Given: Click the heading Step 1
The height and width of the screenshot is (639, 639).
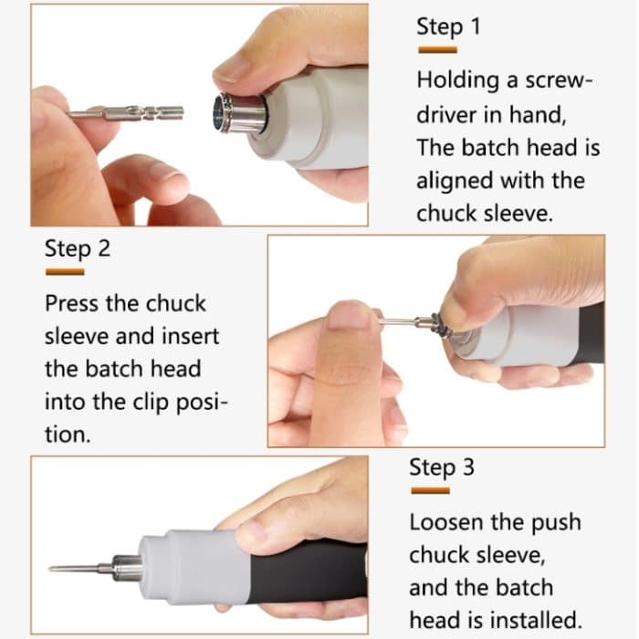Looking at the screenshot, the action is [x=448, y=26].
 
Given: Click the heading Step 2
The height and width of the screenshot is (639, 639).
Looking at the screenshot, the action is [x=78, y=248].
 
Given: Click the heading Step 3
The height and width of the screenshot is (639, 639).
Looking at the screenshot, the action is [x=442, y=466].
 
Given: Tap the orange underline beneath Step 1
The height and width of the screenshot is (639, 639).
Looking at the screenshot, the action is [x=437, y=50].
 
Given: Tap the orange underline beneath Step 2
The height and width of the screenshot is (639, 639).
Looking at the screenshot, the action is [x=65, y=272].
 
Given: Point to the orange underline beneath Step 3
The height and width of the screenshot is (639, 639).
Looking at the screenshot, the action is [x=430, y=490].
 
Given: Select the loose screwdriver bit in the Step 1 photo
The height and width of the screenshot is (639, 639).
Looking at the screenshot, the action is [x=126, y=113].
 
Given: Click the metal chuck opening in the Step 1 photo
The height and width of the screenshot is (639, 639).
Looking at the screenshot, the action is [x=220, y=113].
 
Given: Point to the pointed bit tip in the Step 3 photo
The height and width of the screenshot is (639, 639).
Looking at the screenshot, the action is [x=49, y=568].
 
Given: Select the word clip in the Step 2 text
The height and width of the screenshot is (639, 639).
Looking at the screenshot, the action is [x=151, y=403].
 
